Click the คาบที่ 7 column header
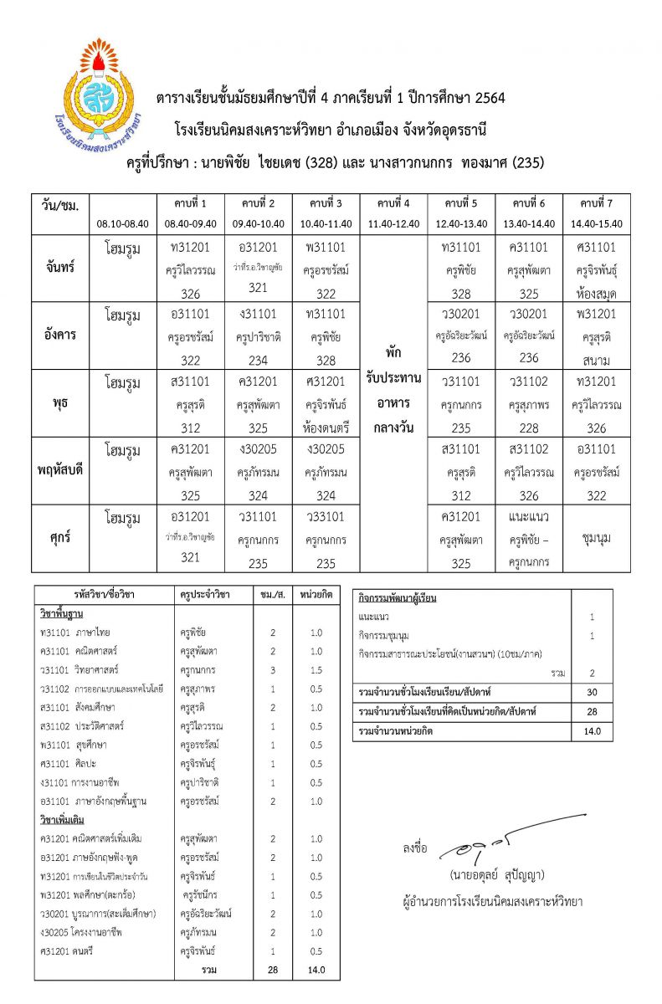coord(597,203)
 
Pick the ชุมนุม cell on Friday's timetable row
coord(597,538)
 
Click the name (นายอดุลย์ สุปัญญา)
coord(496,875)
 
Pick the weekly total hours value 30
coord(592,692)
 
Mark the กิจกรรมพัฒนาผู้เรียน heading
coord(397,598)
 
